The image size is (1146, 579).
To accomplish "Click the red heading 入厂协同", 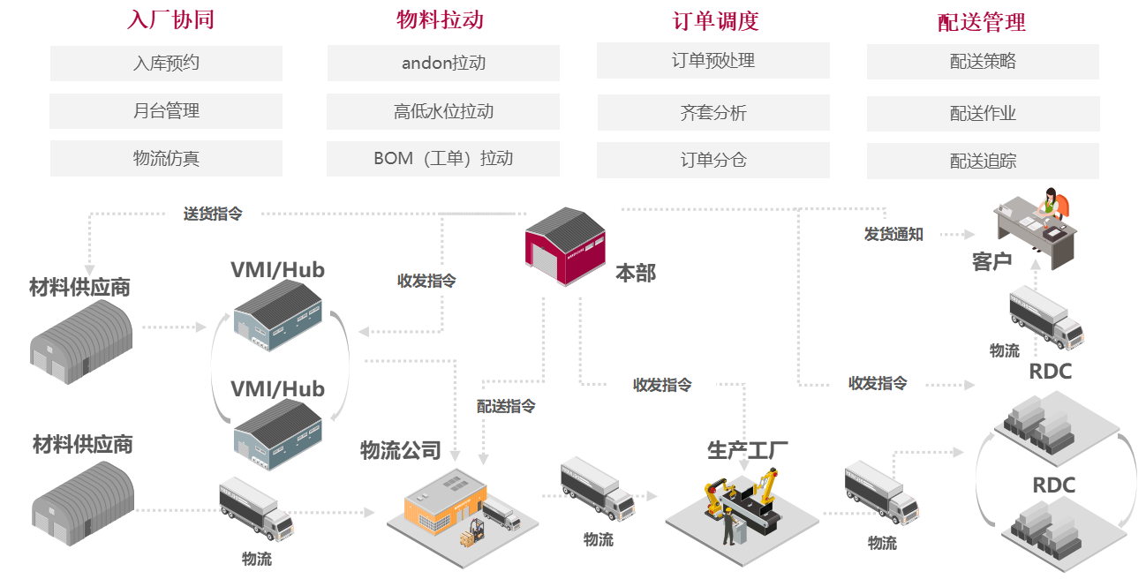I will (170, 20).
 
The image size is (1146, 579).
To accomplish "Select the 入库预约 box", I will (166, 64).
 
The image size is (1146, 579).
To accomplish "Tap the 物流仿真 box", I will (166, 159).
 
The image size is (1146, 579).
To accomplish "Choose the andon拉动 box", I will (443, 64).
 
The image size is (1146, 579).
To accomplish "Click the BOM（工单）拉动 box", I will (443, 159).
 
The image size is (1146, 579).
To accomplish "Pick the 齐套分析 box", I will (713, 113).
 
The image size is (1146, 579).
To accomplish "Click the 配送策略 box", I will (983, 62).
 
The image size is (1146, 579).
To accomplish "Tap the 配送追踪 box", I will (983, 162).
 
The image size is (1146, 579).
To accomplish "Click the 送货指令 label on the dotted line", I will (213, 214).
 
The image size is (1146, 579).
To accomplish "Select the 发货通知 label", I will (893, 235).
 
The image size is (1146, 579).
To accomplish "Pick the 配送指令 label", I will (506, 406).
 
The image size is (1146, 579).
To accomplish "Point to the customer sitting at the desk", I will (1051, 205).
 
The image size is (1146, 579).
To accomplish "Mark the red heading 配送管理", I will (981, 22).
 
